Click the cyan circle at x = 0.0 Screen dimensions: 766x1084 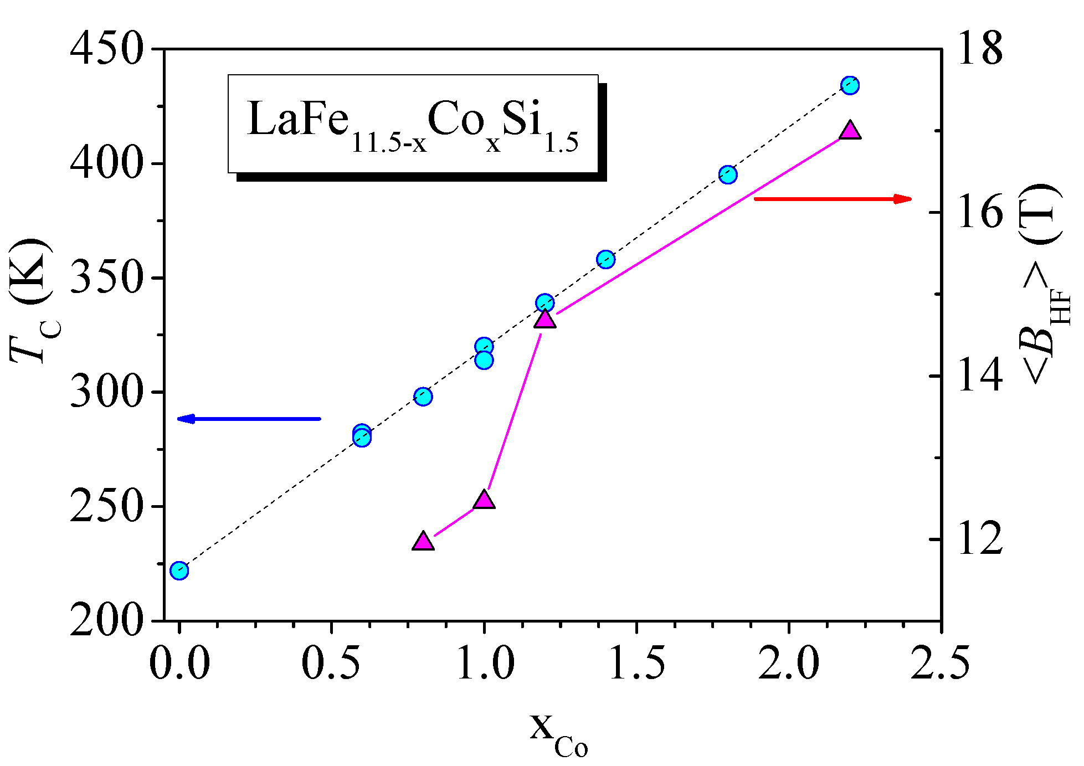tap(179, 570)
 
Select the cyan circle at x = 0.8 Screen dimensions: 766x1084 tap(423, 397)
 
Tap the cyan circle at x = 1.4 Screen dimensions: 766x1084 tap(606, 259)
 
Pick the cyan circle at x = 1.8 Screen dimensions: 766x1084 tap(728, 175)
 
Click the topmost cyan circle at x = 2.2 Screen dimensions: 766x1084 tap(850, 85)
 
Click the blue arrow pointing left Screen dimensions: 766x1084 tap(249, 419)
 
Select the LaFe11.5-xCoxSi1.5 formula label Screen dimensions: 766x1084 tap(413, 125)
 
